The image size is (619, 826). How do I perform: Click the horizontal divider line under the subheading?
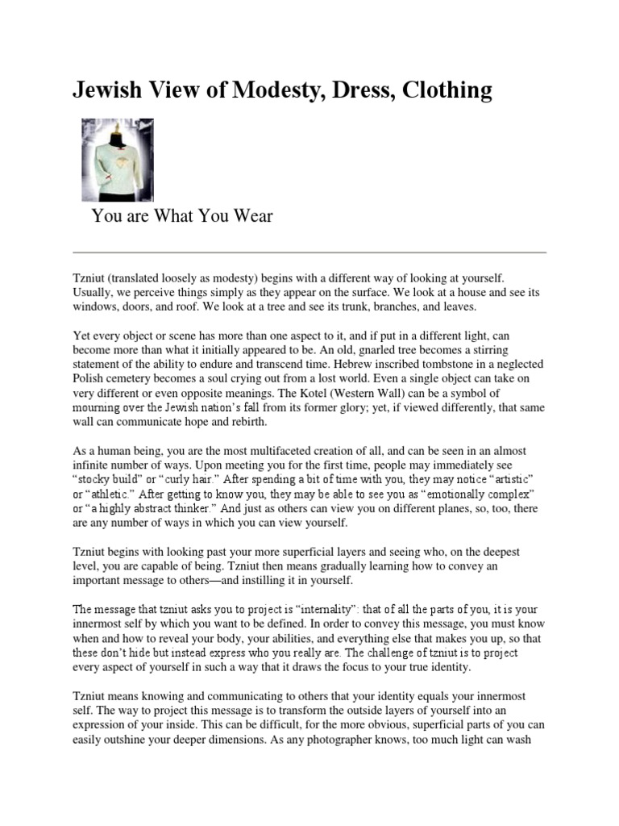click(309, 252)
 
